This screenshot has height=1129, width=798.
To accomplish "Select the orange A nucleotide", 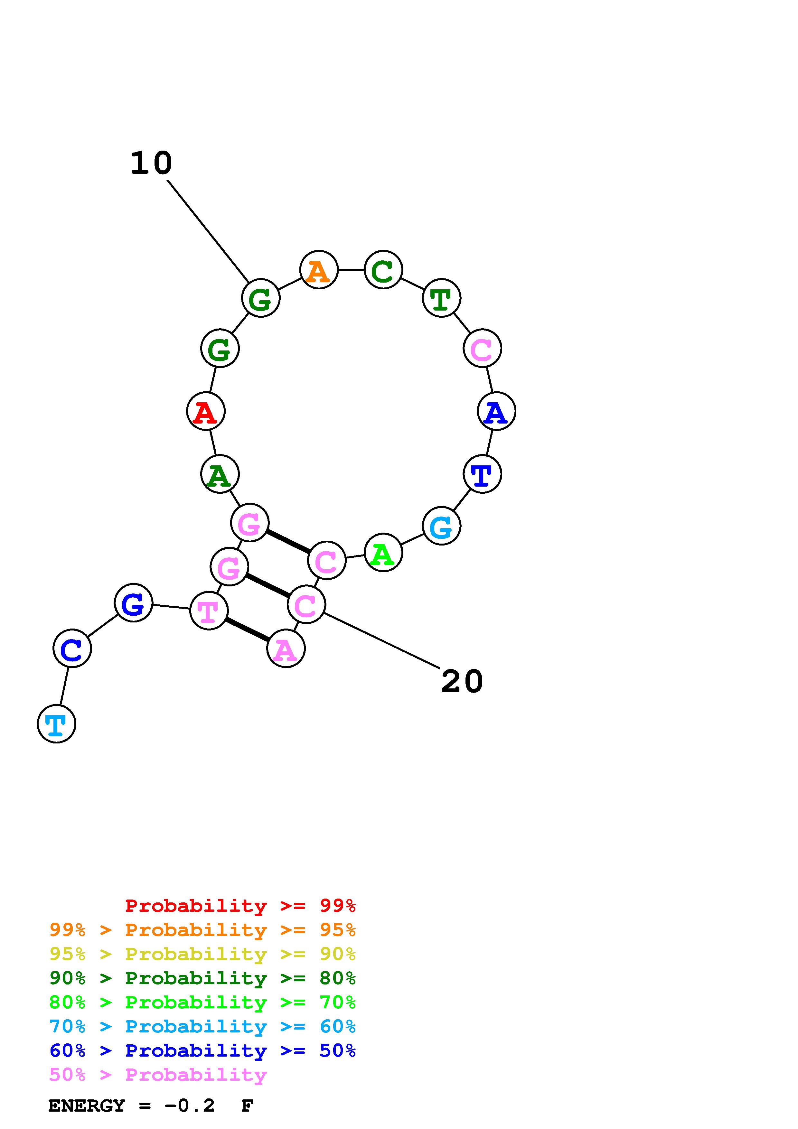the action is pos(319,270).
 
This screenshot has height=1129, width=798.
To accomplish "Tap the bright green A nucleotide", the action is pos(383,553).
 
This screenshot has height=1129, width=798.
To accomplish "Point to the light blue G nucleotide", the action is pos(441,526).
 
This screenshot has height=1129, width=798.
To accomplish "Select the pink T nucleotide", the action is pos(209,611).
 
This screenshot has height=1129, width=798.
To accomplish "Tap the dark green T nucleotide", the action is pos(441,298).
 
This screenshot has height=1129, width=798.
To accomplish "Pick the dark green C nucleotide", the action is pos(383,270).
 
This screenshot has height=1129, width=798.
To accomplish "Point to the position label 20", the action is pos(462,682).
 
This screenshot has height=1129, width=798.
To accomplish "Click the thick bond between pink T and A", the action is pos(247,630).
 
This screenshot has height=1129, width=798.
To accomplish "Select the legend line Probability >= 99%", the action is pos(240,906).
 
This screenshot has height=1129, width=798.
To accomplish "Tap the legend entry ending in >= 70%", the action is pos(202,1002).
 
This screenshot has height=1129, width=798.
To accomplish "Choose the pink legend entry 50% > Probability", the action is pos(158,1075).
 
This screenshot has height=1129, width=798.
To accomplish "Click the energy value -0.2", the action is pos(189,1106).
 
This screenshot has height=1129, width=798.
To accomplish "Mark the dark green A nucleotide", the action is pos(220,474).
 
